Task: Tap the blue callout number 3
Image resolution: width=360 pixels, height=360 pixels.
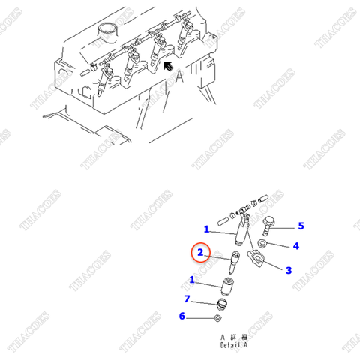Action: [x=288, y=269]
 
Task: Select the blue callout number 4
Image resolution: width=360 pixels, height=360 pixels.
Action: [x=295, y=245]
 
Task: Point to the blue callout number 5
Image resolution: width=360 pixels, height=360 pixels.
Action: [x=301, y=225]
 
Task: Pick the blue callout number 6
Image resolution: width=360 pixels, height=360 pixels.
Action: [x=181, y=316]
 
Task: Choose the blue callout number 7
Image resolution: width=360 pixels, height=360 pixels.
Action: [x=187, y=299]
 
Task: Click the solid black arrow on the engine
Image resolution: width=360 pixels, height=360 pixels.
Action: [x=172, y=69]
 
